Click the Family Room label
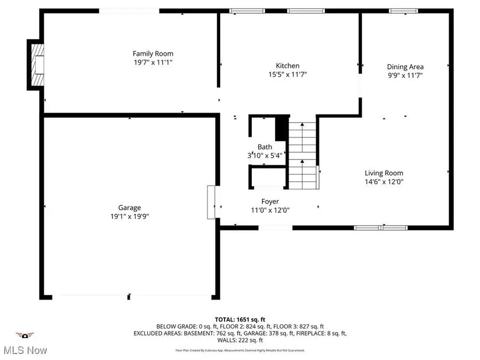(x=153, y=53)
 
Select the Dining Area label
(x=405, y=67)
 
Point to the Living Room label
(x=383, y=173)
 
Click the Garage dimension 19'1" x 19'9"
(x=130, y=217)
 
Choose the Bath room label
(x=265, y=147)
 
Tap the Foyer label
(x=270, y=201)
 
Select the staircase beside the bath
(x=303, y=155)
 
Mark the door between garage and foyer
(x=211, y=202)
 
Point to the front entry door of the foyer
(x=275, y=228)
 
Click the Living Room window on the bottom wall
(x=380, y=228)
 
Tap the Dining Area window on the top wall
(x=403, y=11)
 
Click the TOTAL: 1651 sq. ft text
(x=239, y=318)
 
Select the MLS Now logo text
(x=25, y=350)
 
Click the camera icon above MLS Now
(x=25, y=335)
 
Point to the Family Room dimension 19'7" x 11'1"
(x=153, y=62)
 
